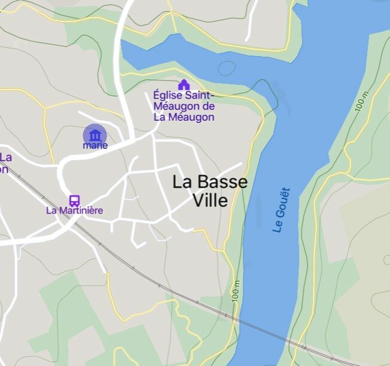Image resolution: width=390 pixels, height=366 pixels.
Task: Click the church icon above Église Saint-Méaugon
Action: pos(184,85)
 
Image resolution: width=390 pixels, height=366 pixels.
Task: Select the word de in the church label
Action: pos(209,106)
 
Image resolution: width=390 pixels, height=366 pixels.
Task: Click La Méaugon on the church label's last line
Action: pos(184,117)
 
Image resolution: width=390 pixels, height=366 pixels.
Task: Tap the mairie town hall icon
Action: pos(95,135)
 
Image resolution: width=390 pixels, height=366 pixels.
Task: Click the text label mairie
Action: pos(96,145)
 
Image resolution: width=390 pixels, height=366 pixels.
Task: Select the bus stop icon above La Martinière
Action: pos(74,200)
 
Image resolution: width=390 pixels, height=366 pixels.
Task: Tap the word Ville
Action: pos(210,201)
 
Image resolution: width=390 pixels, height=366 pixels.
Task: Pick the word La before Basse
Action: pos(183,182)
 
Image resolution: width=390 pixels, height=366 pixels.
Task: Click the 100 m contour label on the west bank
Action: pos(237,292)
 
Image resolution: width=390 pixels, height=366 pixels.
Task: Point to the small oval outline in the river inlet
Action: pos(227,68)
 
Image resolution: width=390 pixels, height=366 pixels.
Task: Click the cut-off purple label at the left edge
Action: pos(5,163)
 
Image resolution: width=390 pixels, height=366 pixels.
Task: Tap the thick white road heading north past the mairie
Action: pos(121,60)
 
